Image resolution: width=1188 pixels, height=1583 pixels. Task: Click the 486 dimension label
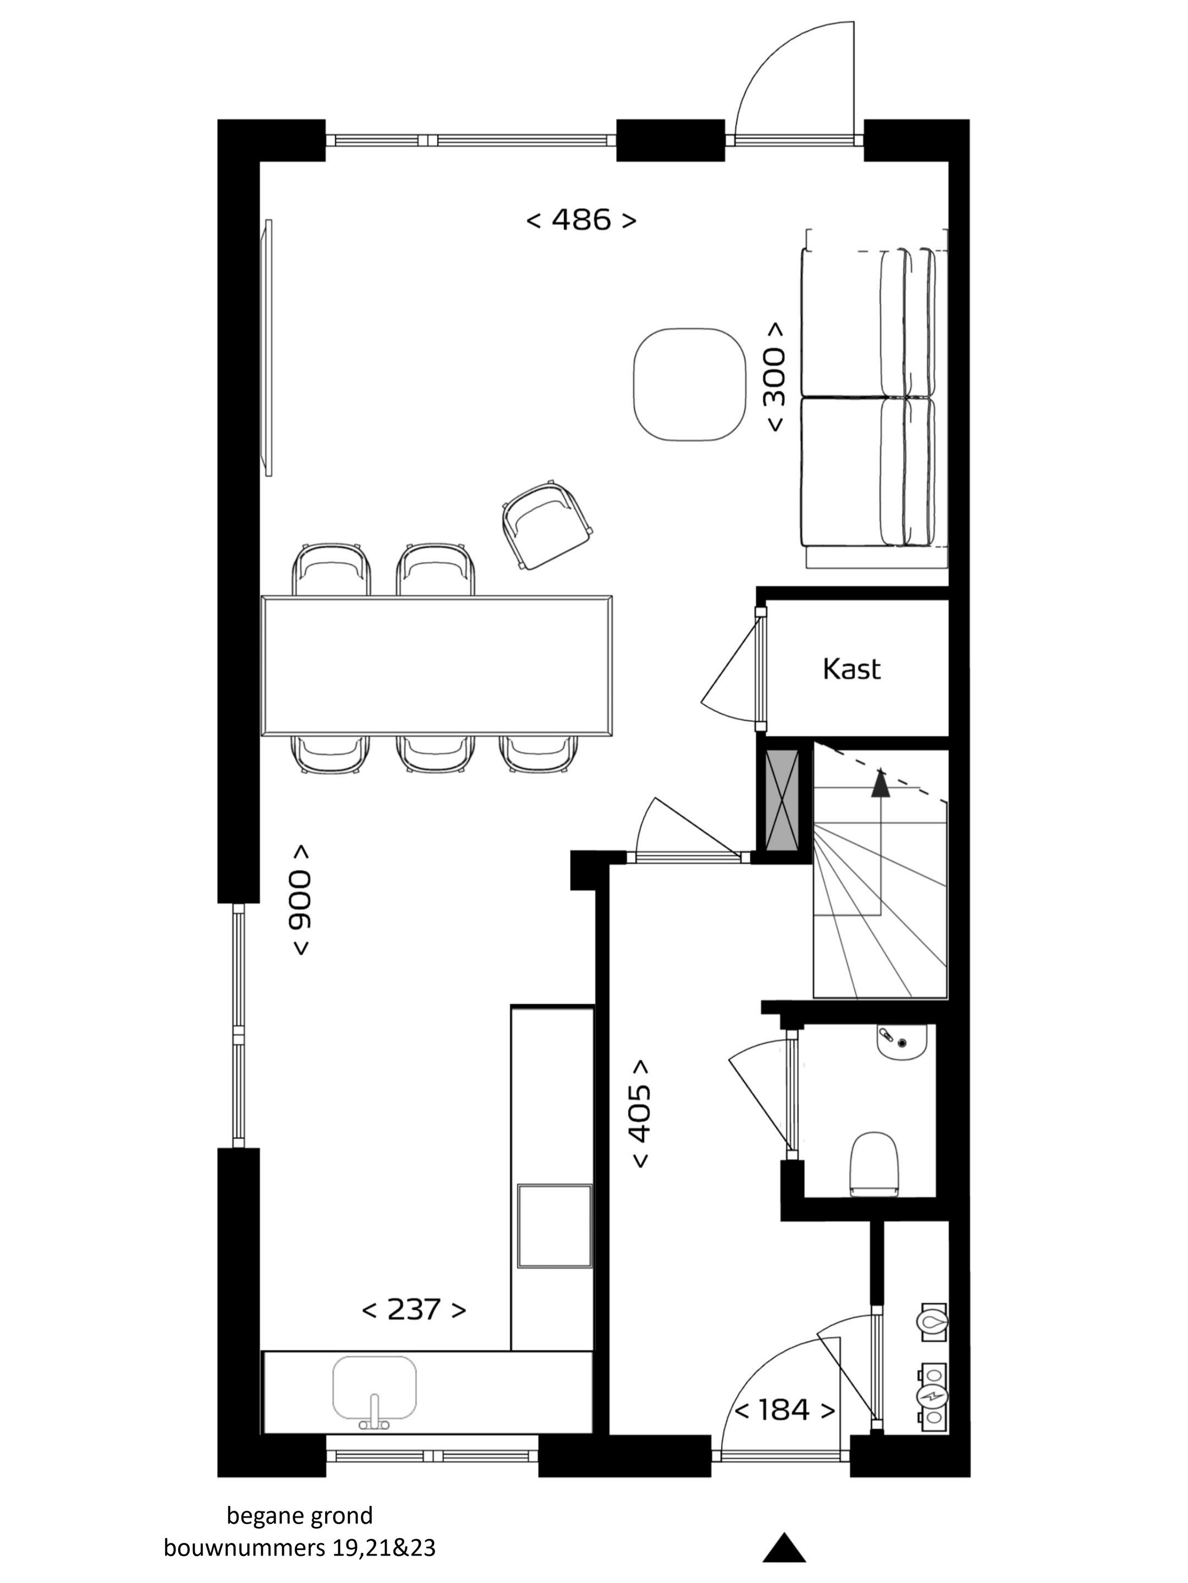click(x=581, y=220)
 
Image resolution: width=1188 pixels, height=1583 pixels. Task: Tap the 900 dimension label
click(x=301, y=900)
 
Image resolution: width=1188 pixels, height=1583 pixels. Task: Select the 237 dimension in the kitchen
click(x=414, y=1310)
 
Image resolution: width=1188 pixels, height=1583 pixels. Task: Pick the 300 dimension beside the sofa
click(x=776, y=377)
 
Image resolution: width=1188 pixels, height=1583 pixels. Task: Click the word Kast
click(x=851, y=669)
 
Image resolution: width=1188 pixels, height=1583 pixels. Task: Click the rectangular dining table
click(x=437, y=666)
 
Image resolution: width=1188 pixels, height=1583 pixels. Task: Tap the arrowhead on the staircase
click(x=880, y=783)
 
